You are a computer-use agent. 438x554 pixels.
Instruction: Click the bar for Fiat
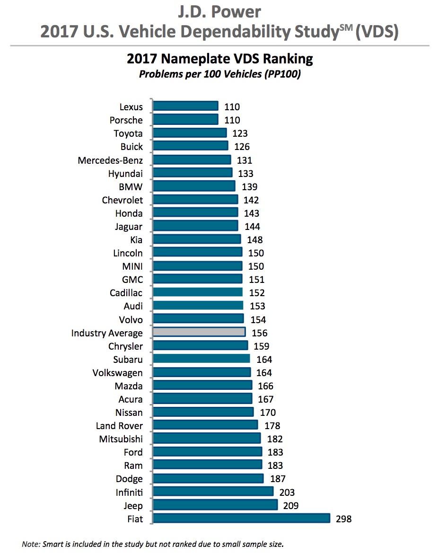click(241, 519)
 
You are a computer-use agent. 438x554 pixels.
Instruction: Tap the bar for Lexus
click(186, 107)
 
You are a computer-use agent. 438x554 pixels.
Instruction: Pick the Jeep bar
click(215, 505)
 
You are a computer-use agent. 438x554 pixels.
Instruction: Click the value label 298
click(343, 519)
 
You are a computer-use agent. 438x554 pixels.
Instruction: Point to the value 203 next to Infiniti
click(286, 492)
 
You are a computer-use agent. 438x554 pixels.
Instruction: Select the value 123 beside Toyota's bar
click(240, 133)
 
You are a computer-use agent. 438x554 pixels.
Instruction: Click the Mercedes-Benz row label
click(110, 160)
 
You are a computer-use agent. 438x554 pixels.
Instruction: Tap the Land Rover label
click(119, 426)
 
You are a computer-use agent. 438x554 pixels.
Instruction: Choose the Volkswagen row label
click(117, 373)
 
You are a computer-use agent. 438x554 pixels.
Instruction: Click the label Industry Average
click(107, 333)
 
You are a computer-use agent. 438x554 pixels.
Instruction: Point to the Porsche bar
click(186, 120)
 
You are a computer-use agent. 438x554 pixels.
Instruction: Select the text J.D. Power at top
click(219, 11)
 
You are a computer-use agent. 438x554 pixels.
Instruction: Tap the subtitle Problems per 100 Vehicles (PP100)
click(219, 75)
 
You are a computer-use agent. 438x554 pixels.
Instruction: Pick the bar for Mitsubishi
click(207, 439)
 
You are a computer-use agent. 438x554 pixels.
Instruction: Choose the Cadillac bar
click(198, 293)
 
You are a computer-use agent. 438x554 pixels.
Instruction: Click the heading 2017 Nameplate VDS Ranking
click(219, 59)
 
